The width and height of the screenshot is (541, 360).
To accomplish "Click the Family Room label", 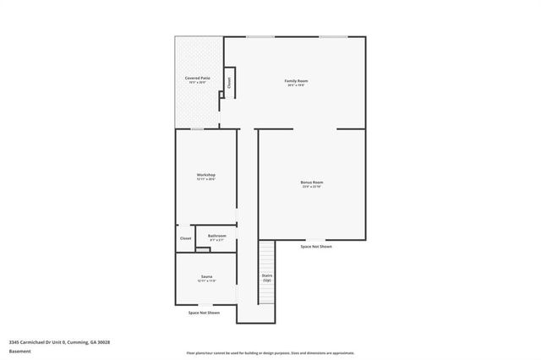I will [295, 80].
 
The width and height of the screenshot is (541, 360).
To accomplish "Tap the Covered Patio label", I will [198, 78].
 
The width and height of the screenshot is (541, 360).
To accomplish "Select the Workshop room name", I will [206, 175].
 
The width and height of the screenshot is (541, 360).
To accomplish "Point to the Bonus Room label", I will [312, 182].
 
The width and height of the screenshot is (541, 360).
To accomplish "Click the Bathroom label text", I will [216, 236].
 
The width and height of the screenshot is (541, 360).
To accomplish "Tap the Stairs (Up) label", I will [267, 277].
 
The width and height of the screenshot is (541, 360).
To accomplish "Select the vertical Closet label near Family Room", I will [228, 82].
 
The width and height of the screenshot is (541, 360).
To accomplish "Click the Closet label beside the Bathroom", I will [185, 238].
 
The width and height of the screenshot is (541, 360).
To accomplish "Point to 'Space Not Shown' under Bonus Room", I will [316, 246].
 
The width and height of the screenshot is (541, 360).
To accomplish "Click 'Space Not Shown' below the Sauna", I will [204, 313].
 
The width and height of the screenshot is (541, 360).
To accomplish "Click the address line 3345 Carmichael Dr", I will [59, 342].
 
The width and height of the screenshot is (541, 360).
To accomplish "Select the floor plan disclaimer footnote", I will [270, 352].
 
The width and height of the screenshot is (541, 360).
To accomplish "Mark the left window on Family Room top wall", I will [259, 36].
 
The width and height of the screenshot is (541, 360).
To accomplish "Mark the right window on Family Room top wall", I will [332, 36].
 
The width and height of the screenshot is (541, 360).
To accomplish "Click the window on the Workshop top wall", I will [197, 128].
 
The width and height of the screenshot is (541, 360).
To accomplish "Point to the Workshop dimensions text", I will [206, 179].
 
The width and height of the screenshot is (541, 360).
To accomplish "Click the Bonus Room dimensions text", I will [312, 187].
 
